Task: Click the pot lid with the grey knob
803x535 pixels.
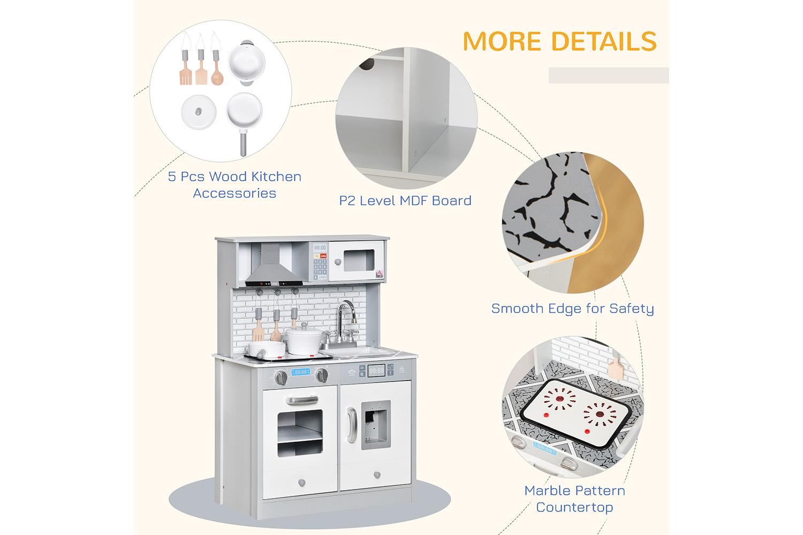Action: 199,112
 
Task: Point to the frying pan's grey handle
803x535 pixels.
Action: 243,143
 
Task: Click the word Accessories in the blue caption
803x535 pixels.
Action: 234,194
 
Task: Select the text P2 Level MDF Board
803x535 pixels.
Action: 405,201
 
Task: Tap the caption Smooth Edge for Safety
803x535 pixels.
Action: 572,309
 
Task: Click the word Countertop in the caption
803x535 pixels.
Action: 574,507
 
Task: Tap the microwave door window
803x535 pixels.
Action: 359,260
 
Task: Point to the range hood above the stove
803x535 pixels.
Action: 274,266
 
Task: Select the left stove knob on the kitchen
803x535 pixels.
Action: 281,378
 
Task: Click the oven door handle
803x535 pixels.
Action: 302,400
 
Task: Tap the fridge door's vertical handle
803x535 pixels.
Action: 352,425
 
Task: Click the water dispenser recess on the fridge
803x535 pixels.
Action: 376,425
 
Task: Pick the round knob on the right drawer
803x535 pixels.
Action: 377,475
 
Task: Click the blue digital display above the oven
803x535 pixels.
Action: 301,372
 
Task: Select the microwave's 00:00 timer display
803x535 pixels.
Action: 320,248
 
